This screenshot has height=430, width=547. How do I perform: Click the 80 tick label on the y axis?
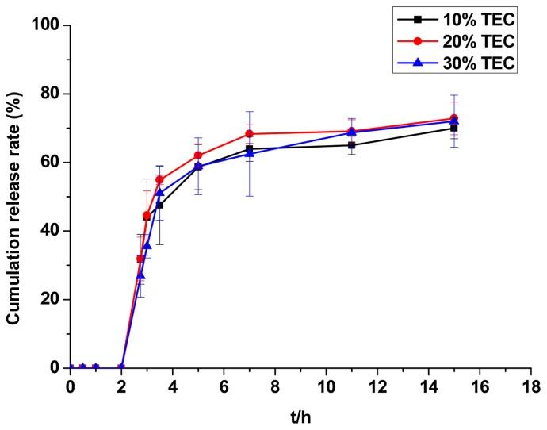click(x=52, y=94)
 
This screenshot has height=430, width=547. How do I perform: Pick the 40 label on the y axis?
click(x=52, y=231)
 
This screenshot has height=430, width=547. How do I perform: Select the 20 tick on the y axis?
click(x=52, y=299)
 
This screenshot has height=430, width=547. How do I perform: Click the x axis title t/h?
click(x=300, y=414)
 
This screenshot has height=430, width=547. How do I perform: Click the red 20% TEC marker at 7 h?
click(x=249, y=134)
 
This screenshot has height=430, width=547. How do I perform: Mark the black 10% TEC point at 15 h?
click(x=454, y=128)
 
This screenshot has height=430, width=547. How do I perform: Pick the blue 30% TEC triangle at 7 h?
click(x=249, y=153)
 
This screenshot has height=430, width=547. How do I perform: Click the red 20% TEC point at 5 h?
click(x=198, y=155)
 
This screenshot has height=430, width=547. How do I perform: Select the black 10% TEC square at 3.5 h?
click(x=159, y=205)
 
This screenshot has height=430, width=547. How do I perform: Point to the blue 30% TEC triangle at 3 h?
click(x=147, y=245)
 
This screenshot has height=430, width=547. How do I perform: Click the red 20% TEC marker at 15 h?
click(x=454, y=118)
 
